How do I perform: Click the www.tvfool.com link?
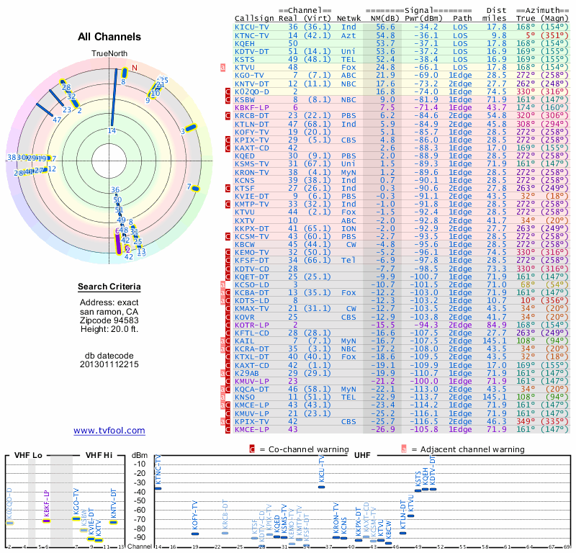click(x=109, y=431)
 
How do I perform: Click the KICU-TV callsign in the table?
click(x=252, y=27)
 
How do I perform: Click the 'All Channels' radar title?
click(x=109, y=37)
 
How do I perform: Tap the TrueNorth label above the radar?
click(x=109, y=54)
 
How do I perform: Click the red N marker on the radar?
click(x=134, y=68)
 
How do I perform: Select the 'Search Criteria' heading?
click(x=109, y=287)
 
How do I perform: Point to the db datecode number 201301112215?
click(x=109, y=364)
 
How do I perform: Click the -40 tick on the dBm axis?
click(x=140, y=493)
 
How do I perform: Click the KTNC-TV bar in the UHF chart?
click(x=158, y=488)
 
